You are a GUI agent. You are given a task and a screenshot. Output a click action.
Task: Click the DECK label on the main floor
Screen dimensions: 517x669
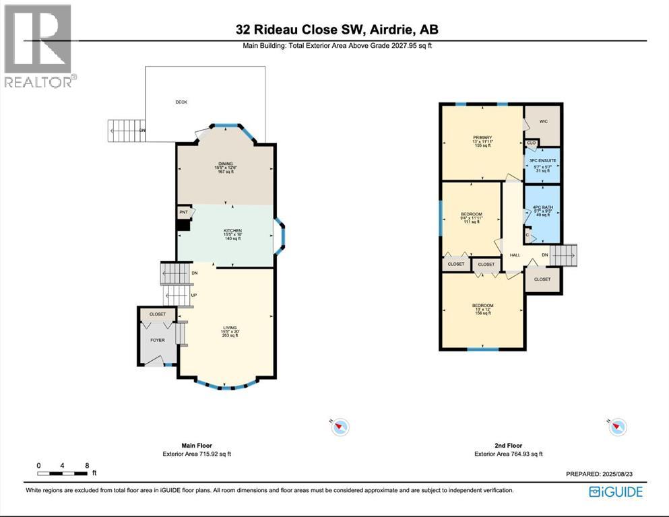tap(181, 102)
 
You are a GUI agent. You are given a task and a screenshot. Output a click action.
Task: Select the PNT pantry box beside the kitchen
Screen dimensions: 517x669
tap(183, 213)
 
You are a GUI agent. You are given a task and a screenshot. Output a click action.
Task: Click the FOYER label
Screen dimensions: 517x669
tap(157, 340)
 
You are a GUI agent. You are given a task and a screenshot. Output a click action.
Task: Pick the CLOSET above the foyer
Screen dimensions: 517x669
tap(158, 314)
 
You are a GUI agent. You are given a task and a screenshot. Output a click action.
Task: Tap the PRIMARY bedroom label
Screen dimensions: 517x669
tap(482, 138)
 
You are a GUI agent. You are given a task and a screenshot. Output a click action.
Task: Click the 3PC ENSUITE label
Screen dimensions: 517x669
tap(544, 161)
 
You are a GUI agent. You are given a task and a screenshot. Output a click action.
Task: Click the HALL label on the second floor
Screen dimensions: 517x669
tap(515, 255)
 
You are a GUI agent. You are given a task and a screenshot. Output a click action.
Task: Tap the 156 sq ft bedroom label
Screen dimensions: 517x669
tap(482, 306)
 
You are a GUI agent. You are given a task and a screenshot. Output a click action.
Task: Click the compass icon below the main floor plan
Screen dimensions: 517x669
tap(342, 426)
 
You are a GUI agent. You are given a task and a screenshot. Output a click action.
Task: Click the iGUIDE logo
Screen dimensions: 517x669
tap(616, 491)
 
